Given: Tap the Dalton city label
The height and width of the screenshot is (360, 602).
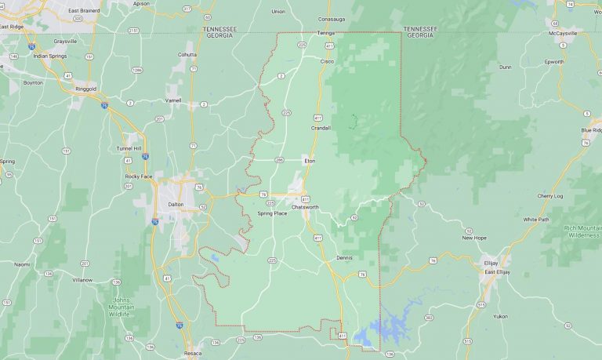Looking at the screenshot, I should point(176,204).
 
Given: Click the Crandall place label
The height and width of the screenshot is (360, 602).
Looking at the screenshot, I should point(321,127).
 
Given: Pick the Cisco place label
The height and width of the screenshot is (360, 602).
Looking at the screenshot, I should point(327,60).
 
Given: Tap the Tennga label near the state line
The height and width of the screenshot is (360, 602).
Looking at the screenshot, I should point(326,33).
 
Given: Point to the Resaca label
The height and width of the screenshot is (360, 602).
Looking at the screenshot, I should point(192,354).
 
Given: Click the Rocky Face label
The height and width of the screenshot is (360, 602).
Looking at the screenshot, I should point(138,176).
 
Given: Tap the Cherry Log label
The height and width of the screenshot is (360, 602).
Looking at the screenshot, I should point(549,195).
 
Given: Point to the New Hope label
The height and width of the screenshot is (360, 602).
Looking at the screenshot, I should point(474,237).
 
